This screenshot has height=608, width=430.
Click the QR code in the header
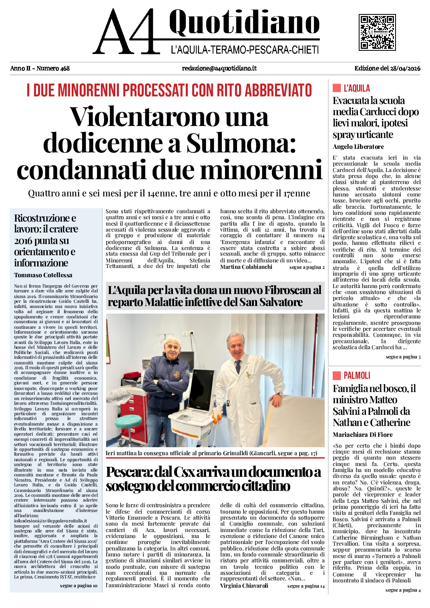click(377, 32)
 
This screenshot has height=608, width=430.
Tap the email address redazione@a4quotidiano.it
click(219, 68)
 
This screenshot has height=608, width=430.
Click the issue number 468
click(64, 68)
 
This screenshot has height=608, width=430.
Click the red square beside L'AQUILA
click(336, 88)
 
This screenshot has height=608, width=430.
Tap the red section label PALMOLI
click(357, 375)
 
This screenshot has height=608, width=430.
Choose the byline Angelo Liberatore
click(358, 147)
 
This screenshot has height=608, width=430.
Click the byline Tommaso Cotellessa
click(43, 275)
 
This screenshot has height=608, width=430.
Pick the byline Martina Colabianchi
click(246, 267)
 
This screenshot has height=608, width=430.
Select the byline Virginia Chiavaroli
click(244, 586)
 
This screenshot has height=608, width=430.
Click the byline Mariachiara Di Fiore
click(362, 434)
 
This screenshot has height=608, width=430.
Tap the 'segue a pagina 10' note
click(78, 586)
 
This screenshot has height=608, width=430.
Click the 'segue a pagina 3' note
click(403, 357)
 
